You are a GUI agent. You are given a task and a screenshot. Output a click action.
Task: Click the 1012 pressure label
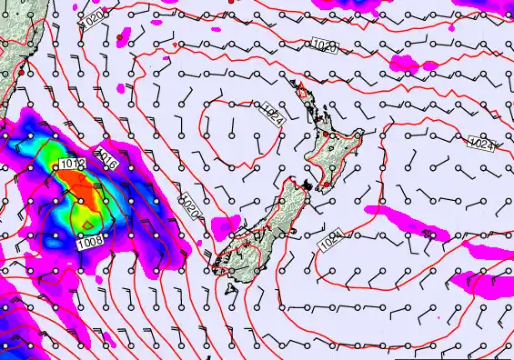[x=72, y=165]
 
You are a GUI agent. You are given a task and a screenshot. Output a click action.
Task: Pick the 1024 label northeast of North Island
[x=481, y=143]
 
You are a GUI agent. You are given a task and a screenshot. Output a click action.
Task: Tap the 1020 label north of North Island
[x=324, y=45]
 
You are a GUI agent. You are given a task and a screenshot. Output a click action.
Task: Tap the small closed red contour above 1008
[x=87, y=221]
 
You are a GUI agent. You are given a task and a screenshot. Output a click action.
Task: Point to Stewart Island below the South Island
[x=234, y=288]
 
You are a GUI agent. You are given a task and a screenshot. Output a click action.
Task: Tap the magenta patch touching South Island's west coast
[x=225, y=226]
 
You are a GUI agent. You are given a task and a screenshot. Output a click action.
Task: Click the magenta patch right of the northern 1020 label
[x=406, y=64]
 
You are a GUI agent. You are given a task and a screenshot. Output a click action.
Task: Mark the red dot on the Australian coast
[x=18, y=74]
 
